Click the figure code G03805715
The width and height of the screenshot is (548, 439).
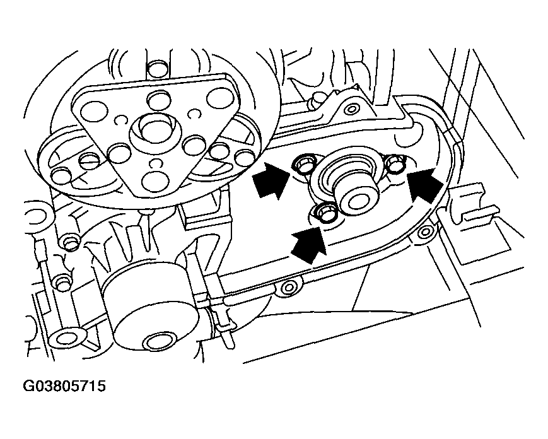64,386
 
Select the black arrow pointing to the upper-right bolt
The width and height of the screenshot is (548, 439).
425,185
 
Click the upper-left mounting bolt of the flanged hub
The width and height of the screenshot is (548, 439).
303,163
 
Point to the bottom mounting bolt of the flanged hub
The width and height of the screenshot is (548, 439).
324,213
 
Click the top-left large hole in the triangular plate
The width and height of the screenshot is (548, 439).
94,112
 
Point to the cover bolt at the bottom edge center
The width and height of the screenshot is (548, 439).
289,288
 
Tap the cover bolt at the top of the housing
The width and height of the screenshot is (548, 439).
350,109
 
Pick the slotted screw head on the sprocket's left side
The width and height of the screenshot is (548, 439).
89,161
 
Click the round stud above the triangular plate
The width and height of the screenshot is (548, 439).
157,69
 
